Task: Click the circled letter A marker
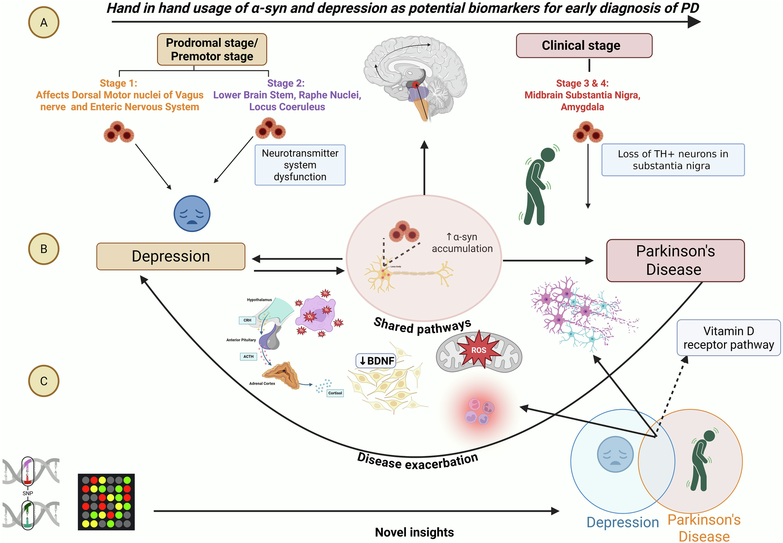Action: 44,23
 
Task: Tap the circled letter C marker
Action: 44,381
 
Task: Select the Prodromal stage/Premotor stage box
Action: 212,49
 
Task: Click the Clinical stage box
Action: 584,46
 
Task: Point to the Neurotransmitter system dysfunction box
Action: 300,165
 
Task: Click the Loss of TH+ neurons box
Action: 673,160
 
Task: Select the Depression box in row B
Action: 171,257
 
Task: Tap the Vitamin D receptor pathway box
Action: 728,338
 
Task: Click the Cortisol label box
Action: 335,393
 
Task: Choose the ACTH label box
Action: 249,356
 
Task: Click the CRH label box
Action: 247,320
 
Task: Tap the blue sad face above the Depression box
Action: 192,214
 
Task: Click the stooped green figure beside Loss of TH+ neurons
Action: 538,186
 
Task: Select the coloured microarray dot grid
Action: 106,502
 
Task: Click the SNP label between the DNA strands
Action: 28,493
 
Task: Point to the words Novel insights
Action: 414,532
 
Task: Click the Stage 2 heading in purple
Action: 286,83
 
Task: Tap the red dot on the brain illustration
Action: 416,85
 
